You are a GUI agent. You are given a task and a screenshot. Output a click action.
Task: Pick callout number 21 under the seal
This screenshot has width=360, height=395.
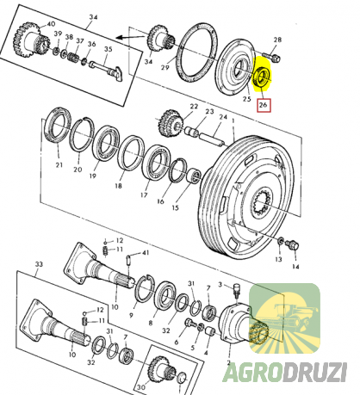[59, 165]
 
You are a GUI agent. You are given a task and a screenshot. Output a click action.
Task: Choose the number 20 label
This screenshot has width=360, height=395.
[78, 170]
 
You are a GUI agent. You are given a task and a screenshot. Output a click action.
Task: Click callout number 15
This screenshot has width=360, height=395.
[176, 209]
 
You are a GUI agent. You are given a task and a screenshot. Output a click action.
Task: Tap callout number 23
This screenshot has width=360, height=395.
[208, 111]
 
